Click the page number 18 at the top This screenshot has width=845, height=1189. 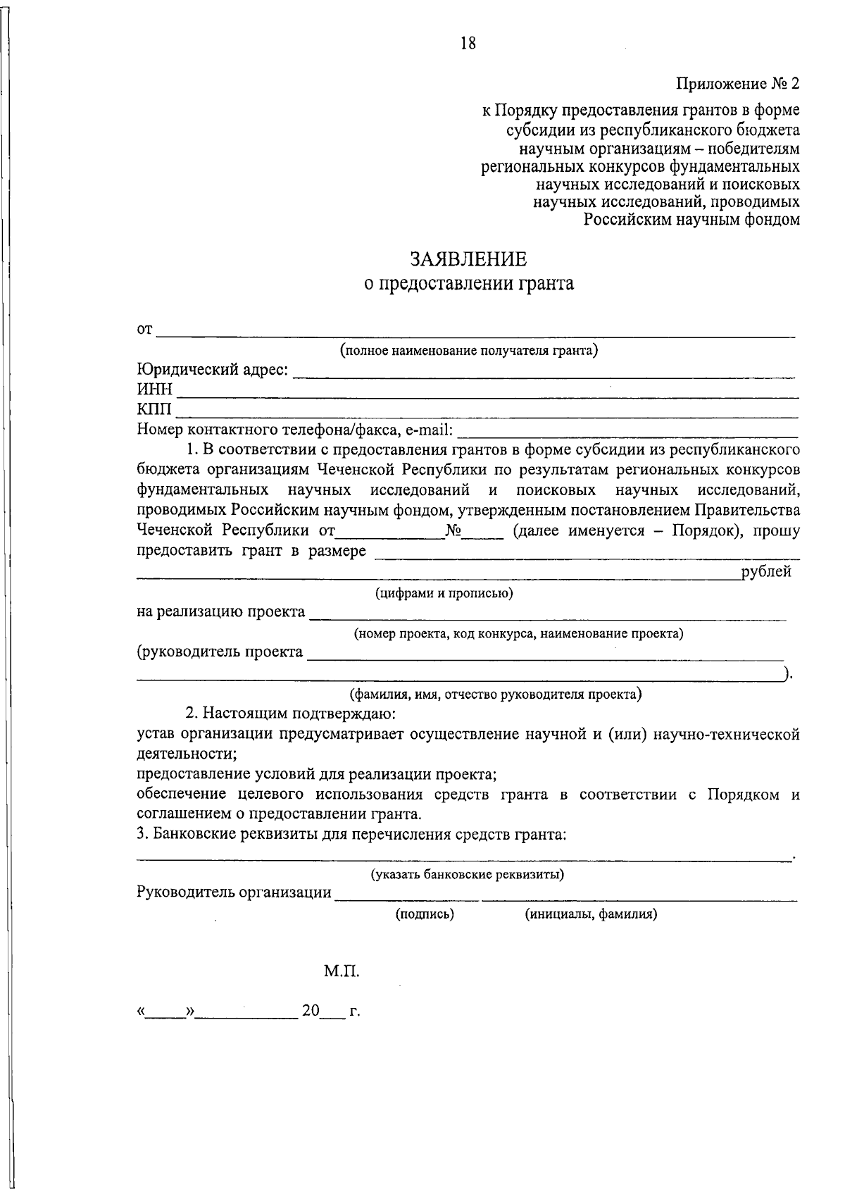[468, 44]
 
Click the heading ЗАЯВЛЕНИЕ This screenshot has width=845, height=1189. [469, 260]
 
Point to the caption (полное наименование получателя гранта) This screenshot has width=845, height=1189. [469, 350]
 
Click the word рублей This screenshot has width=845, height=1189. [766, 572]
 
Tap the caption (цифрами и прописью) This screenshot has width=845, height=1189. [444, 593]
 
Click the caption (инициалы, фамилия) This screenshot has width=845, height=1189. [591, 914]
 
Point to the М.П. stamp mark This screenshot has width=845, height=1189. [342, 972]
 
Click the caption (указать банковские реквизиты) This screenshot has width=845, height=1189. [468, 875]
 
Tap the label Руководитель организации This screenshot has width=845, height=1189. [234, 893]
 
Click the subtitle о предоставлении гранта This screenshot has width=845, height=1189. [469, 284]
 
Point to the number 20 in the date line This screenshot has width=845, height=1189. [311, 1011]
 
